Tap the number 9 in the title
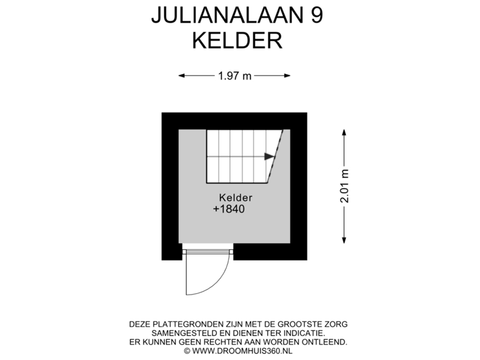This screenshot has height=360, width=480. click(317, 15)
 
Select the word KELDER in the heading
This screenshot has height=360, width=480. click(237, 41)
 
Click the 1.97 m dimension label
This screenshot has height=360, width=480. click(235, 76)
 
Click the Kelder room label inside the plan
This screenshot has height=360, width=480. click(236, 197)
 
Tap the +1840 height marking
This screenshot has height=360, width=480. click(229, 209)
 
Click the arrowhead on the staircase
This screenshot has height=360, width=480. click(269, 157)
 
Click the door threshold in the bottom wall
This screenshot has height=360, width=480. click(208, 251)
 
